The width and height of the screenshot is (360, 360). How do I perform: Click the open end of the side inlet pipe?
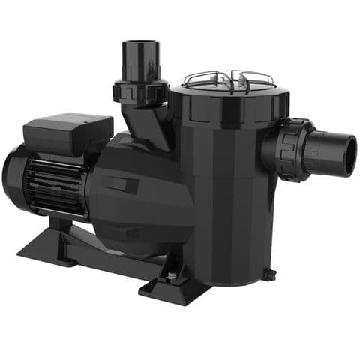pyautogui.click(x=346, y=153)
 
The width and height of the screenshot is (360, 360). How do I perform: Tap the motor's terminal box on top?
pyautogui.click(x=67, y=135)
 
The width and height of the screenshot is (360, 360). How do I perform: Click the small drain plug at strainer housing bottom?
pyautogui.click(x=269, y=274)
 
